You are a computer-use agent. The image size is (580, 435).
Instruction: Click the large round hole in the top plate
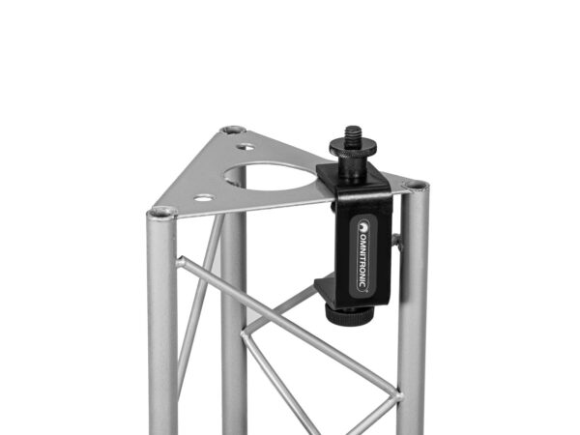tap(276, 177)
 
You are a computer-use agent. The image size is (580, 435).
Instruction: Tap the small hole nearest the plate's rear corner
tap(245, 147)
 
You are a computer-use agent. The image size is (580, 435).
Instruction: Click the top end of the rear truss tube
tap(232, 130)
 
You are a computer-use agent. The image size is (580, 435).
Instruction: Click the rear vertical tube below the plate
tap(234, 319)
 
